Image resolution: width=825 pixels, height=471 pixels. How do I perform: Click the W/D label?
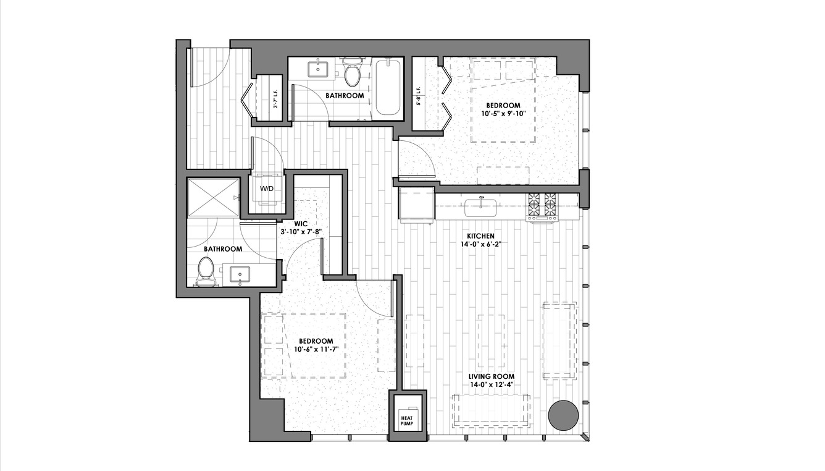click(267, 189)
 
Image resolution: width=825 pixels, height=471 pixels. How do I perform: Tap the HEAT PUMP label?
click(406, 421)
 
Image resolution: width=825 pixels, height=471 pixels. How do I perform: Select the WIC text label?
click(301, 224)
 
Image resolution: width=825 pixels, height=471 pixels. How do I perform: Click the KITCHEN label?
click(480, 236)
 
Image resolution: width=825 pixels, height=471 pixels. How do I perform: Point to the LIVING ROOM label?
click(492, 376)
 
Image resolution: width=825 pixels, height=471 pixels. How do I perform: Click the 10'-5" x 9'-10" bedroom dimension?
click(503, 114)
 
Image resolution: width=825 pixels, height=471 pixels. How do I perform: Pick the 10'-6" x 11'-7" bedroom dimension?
click(316, 349)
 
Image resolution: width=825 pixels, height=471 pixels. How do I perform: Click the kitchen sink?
click(481, 208)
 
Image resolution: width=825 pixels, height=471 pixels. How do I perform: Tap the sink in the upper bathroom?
click(317, 69)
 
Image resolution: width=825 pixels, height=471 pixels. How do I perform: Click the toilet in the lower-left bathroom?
click(206, 271)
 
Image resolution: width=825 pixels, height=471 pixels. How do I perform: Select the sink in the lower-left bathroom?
click(240, 274)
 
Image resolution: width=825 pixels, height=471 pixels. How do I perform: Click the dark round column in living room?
click(563, 415)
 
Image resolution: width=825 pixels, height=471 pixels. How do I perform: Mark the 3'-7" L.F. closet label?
click(275, 99)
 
